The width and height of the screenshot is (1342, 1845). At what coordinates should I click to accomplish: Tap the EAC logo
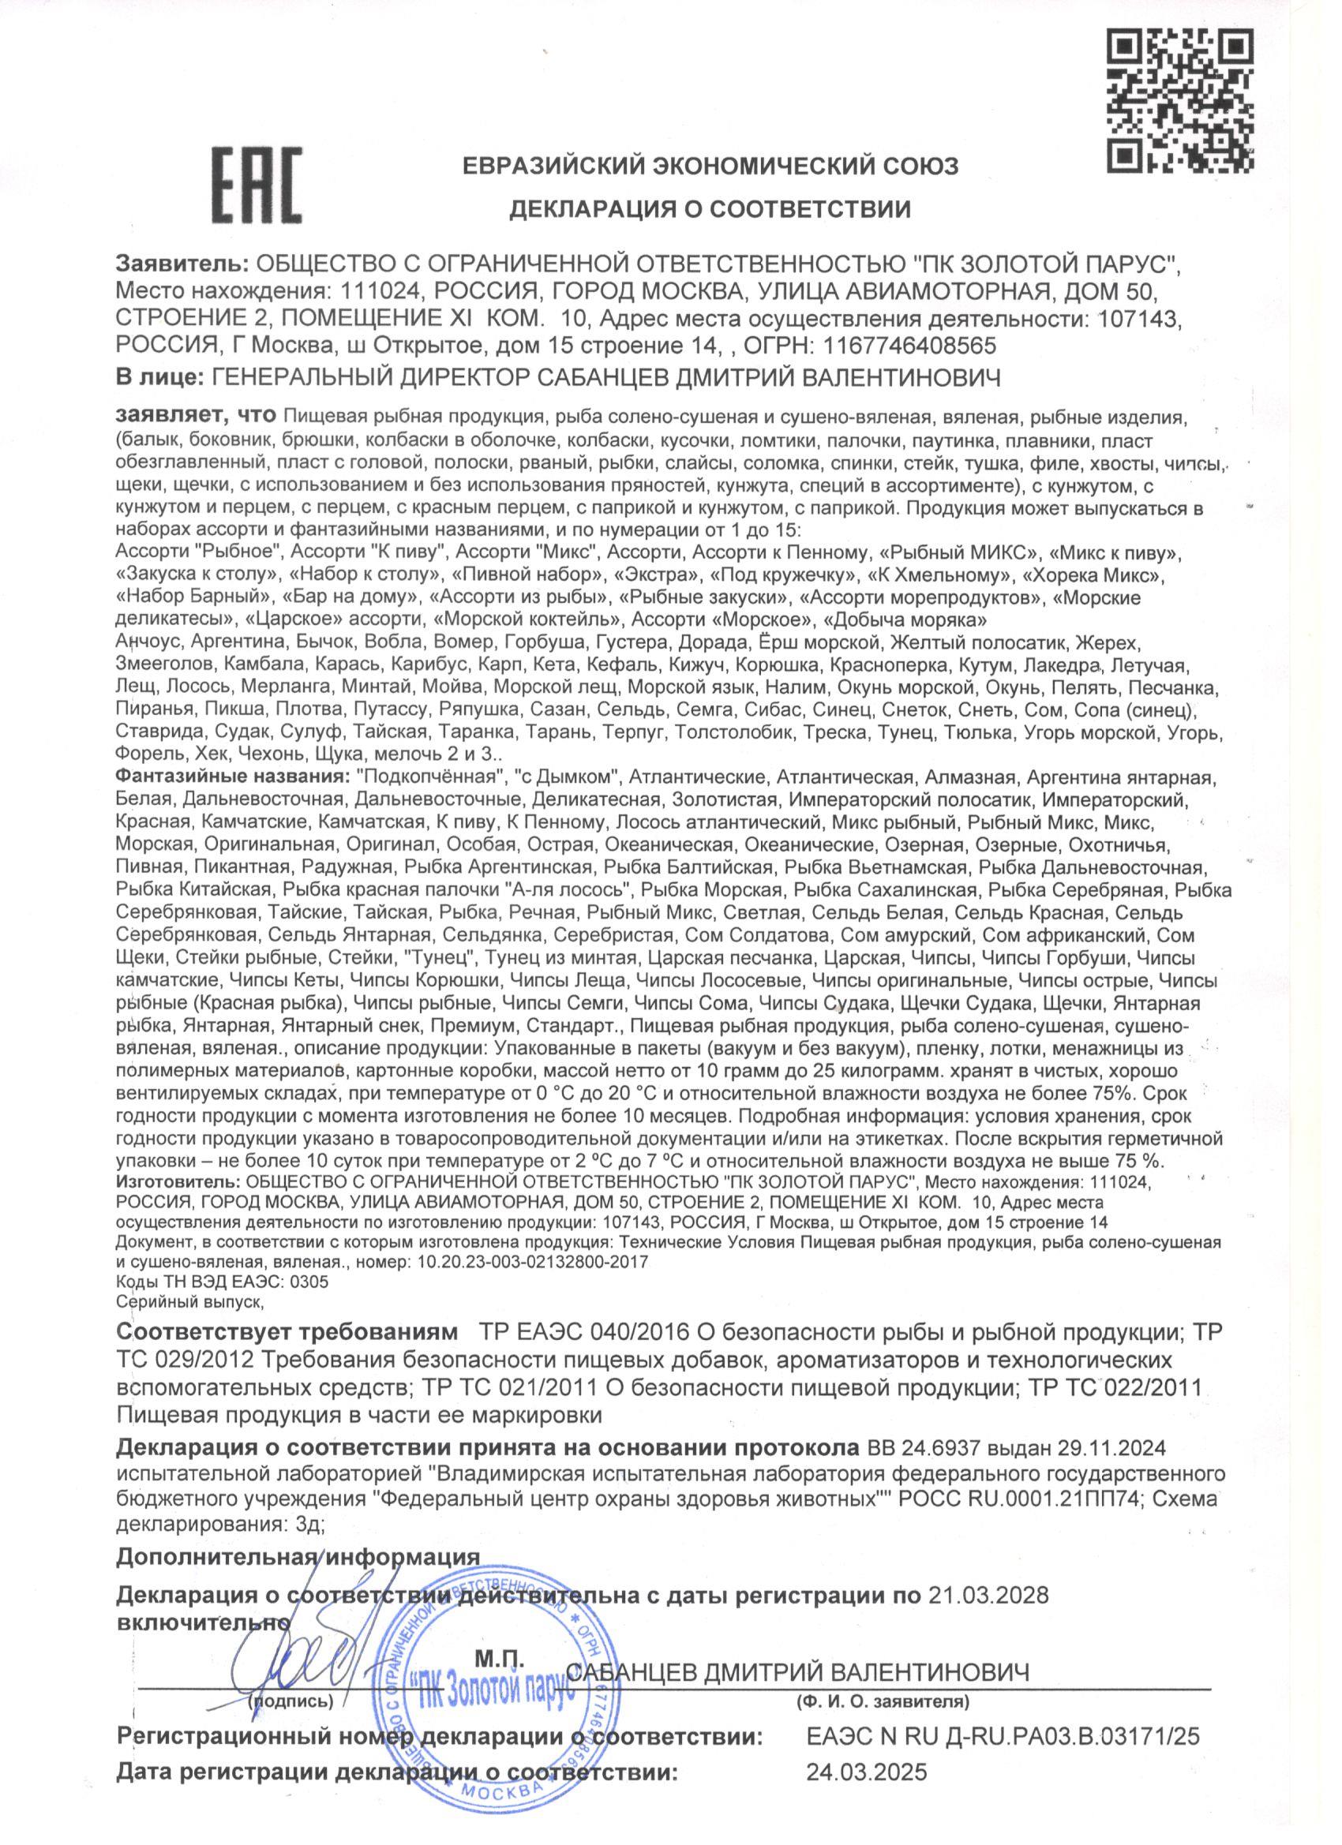click(x=257, y=189)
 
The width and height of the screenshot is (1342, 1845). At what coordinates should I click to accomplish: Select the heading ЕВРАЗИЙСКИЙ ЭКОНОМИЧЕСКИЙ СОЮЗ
click(x=710, y=167)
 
